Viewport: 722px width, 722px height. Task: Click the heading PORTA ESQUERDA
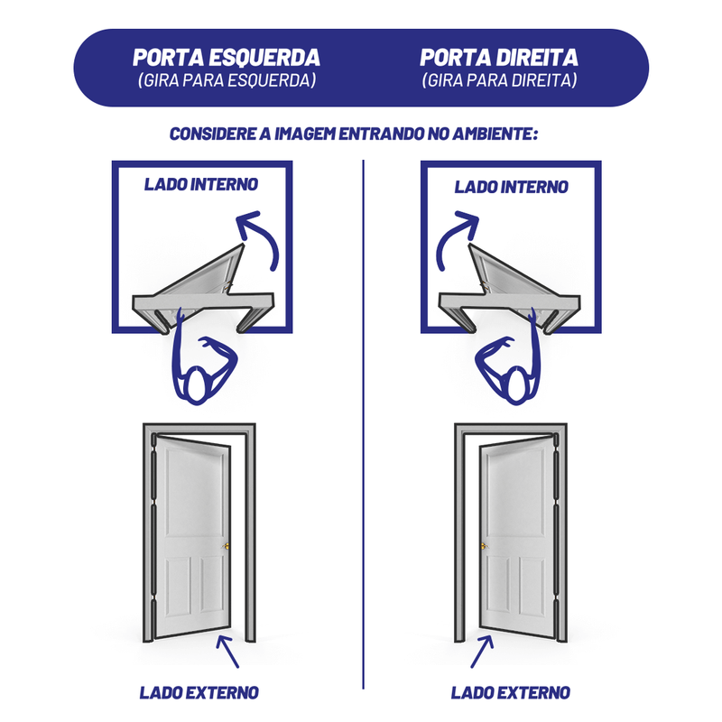point(227,57)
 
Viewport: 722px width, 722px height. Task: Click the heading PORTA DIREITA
point(499,57)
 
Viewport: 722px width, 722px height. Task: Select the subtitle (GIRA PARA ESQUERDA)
point(227,80)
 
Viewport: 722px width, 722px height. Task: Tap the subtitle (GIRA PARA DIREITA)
point(499,80)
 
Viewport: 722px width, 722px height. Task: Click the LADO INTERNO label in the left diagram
point(201,184)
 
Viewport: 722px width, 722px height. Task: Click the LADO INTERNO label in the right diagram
point(511,187)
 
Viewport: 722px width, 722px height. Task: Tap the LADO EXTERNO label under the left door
point(199,692)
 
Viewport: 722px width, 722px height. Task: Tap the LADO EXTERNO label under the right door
point(510,692)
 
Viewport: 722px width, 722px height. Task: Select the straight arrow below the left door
point(227,652)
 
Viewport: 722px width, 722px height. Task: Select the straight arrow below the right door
point(482,652)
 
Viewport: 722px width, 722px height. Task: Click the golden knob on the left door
point(226,546)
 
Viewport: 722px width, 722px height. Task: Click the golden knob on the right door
point(484,546)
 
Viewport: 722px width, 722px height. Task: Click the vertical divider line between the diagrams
point(364,423)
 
